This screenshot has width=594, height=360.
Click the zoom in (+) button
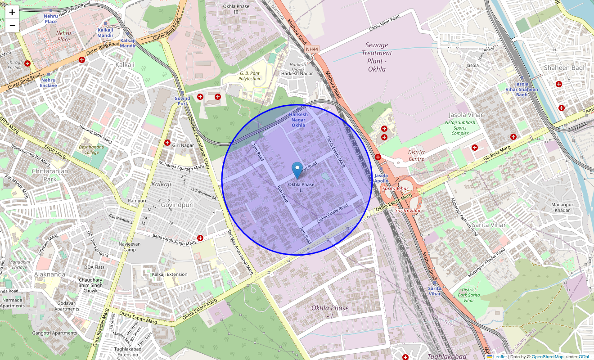tap(12, 12)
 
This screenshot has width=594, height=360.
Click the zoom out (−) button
tap(12, 26)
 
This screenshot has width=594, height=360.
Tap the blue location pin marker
tap(297, 171)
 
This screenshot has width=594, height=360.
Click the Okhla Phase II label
tap(301, 187)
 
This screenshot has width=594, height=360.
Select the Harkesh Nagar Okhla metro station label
tap(298, 120)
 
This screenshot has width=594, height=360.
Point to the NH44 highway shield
tap(311, 49)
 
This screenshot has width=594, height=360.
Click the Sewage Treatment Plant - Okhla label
tap(377, 57)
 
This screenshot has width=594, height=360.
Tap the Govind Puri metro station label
tap(182, 101)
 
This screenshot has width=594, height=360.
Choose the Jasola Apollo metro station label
tap(381, 178)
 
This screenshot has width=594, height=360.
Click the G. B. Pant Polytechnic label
tap(250, 76)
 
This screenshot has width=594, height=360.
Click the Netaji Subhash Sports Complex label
tap(460, 128)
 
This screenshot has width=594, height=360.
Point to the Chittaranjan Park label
tap(45, 175)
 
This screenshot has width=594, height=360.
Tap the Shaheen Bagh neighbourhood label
tap(565, 68)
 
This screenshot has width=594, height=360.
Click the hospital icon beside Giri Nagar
tap(167, 143)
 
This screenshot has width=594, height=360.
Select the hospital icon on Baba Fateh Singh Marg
tap(200, 238)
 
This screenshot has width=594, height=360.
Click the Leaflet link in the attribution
tap(499, 357)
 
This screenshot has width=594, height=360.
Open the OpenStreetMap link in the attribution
tap(547, 357)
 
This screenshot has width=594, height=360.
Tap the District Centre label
tap(416, 155)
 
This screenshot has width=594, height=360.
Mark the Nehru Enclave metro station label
tap(48, 83)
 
